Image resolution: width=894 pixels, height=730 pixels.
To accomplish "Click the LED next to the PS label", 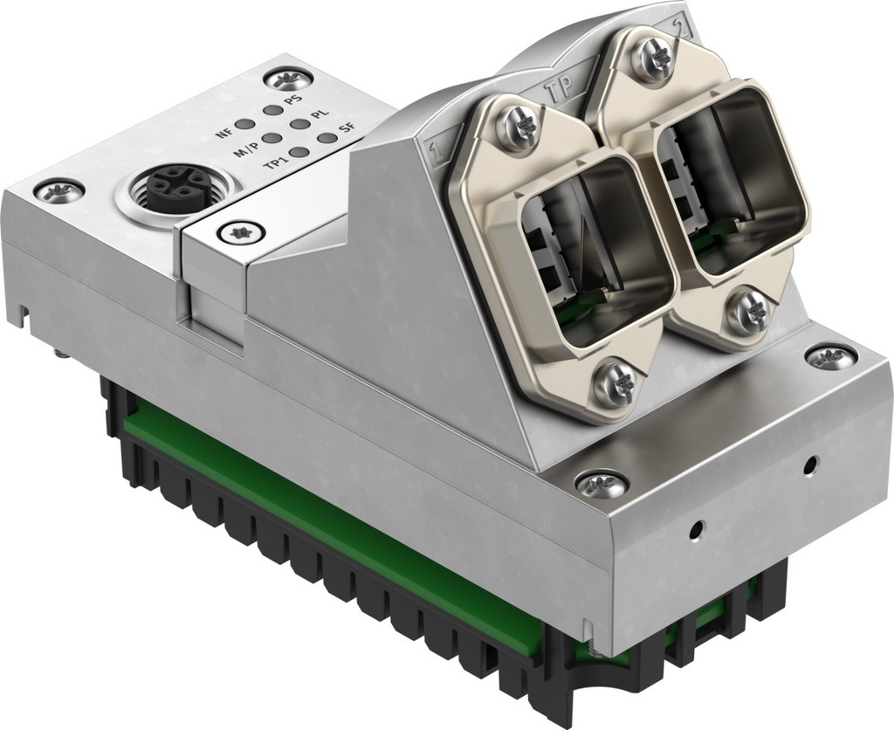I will pyautogui.click(x=271, y=111).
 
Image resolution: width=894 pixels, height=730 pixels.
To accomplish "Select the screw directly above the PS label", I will pyautogui.click(x=285, y=81).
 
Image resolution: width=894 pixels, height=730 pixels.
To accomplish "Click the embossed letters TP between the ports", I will pyautogui.click(x=559, y=89).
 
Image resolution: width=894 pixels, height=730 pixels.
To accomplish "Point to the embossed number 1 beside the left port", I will pyautogui.click(x=434, y=155).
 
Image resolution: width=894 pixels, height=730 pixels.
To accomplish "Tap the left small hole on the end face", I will pyautogui.click(x=696, y=528).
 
